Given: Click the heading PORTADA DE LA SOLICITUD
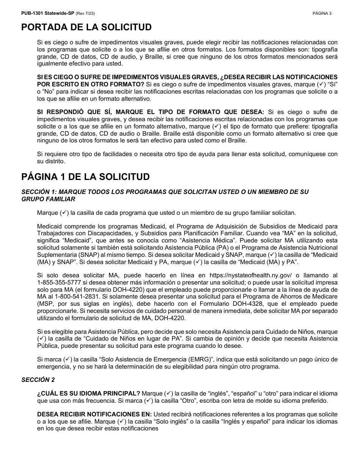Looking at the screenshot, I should click(x=86, y=27).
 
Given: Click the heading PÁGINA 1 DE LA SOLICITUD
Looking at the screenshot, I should click(x=85, y=177).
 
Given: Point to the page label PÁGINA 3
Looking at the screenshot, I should click(x=322, y=14).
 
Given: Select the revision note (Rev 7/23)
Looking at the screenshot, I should click(x=85, y=14).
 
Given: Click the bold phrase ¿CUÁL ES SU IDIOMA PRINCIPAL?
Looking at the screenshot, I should click(x=89, y=394).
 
